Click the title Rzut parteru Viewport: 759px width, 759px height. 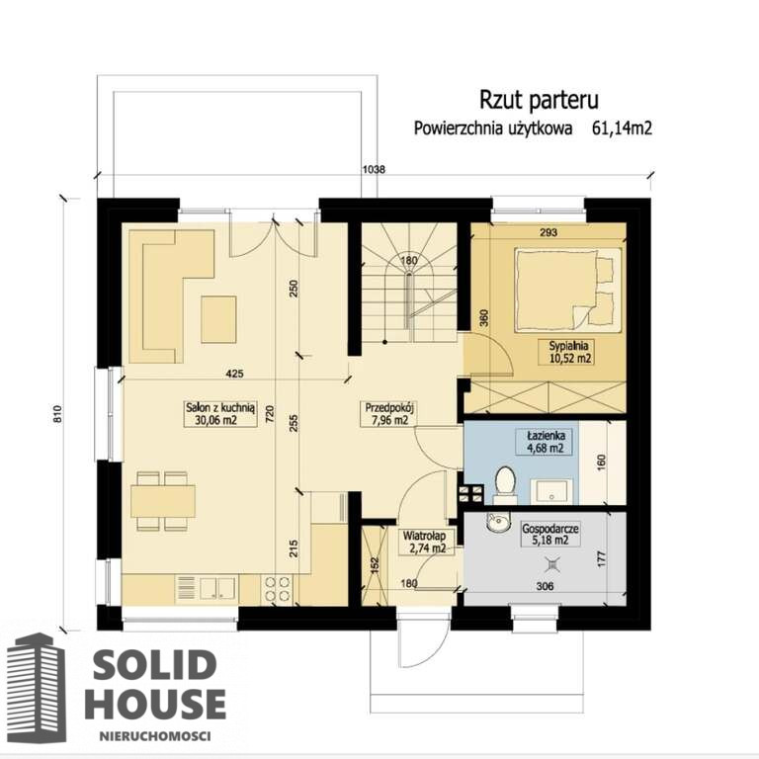tap(539, 100)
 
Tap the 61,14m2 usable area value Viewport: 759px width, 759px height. tap(622, 128)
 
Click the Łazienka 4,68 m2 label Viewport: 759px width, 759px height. tap(546, 442)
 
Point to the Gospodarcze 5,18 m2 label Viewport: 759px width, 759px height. tap(549, 534)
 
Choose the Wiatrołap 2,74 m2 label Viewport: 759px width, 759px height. tap(425, 543)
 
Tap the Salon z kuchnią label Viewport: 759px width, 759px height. tap(220, 407)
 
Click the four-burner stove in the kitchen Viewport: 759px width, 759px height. tap(277, 589)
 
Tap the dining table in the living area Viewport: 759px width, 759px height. tap(163, 501)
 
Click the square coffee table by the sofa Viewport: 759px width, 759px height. tap(218, 319)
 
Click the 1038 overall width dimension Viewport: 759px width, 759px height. tap(374, 169)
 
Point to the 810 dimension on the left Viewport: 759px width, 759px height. tap(59, 414)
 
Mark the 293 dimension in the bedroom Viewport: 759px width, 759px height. tap(548, 232)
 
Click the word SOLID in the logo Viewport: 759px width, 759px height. tap(154, 664)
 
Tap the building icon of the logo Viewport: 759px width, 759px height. tap(37, 688)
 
